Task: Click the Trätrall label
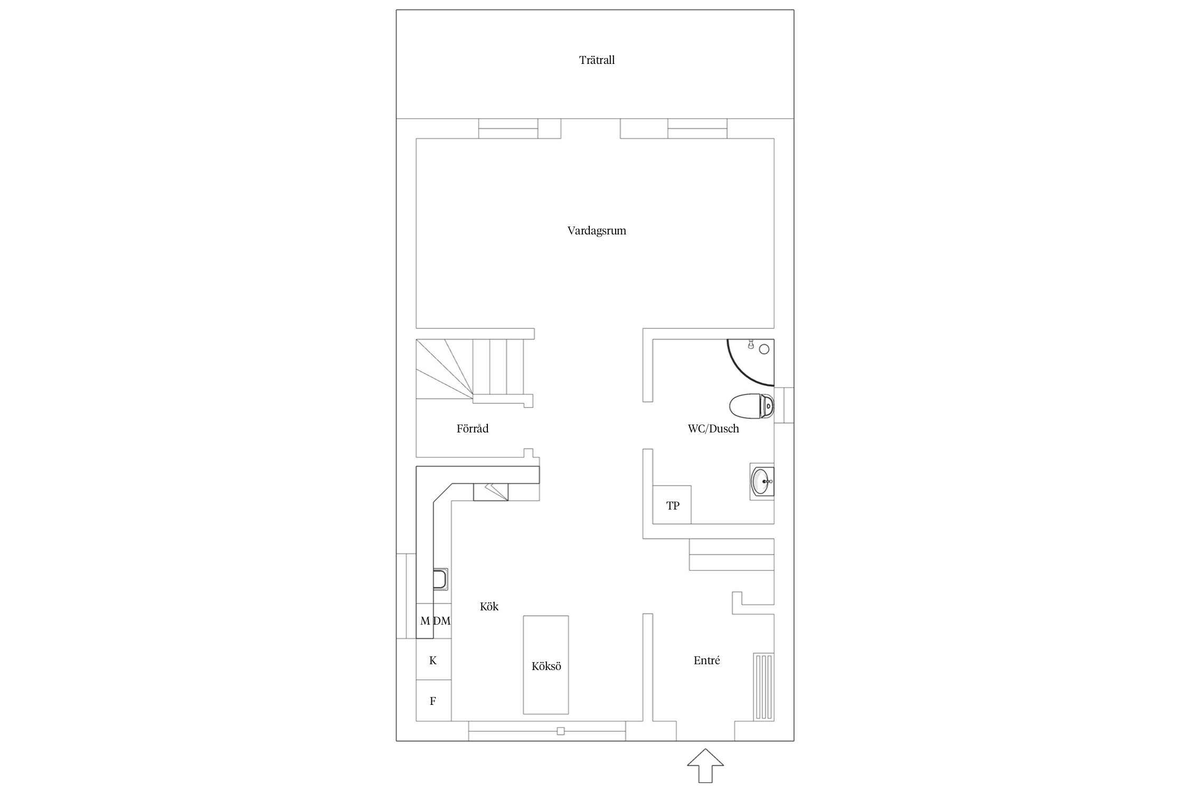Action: coord(597,60)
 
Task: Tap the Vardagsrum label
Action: coord(597,231)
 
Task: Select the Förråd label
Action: coord(473,429)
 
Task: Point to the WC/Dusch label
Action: coord(713,429)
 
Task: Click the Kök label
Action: coord(489,607)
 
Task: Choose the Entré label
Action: coord(706,661)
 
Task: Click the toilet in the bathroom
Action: coord(752,406)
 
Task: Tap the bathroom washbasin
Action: coord(762,482)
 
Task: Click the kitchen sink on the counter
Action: coord(441,579)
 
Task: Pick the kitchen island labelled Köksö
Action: coord(546,665)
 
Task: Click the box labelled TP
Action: coord(672,505)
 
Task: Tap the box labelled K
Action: coord(433,660)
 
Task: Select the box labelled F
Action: coord(433,701)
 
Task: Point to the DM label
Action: coord(442,621)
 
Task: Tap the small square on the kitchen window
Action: coord(561,731)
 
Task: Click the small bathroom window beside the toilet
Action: coord(784,406)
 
